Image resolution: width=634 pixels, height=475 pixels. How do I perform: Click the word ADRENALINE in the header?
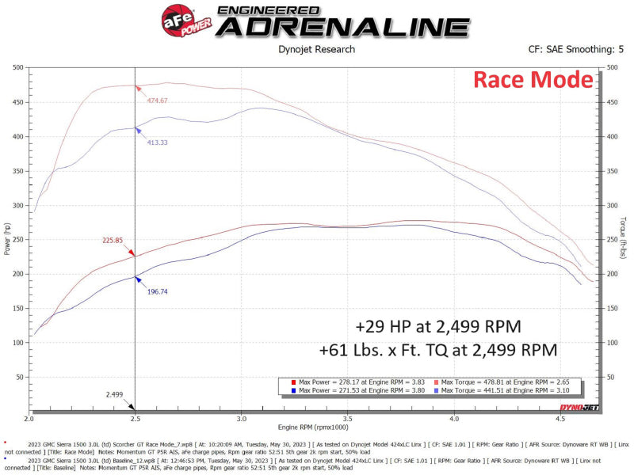tap(342, 26)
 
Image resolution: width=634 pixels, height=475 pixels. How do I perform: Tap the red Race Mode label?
tap(533, 80)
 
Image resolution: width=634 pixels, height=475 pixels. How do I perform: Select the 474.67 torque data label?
tap(158, 101)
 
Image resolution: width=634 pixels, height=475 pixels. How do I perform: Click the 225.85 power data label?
tap(113, 241)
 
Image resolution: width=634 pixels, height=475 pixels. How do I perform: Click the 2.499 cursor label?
tap(114, 393)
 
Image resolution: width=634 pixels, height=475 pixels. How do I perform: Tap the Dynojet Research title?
tap(317, 49)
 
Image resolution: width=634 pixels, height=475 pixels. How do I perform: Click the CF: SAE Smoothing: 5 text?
tap(575, 49)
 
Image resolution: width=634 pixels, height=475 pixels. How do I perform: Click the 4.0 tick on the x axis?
tap(453, 420)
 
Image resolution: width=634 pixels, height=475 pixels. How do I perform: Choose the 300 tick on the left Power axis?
tap(17, 206)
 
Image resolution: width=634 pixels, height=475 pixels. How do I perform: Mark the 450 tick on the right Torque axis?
tap(612, 102)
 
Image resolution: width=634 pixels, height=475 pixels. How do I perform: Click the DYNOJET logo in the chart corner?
tap(579, 407)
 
